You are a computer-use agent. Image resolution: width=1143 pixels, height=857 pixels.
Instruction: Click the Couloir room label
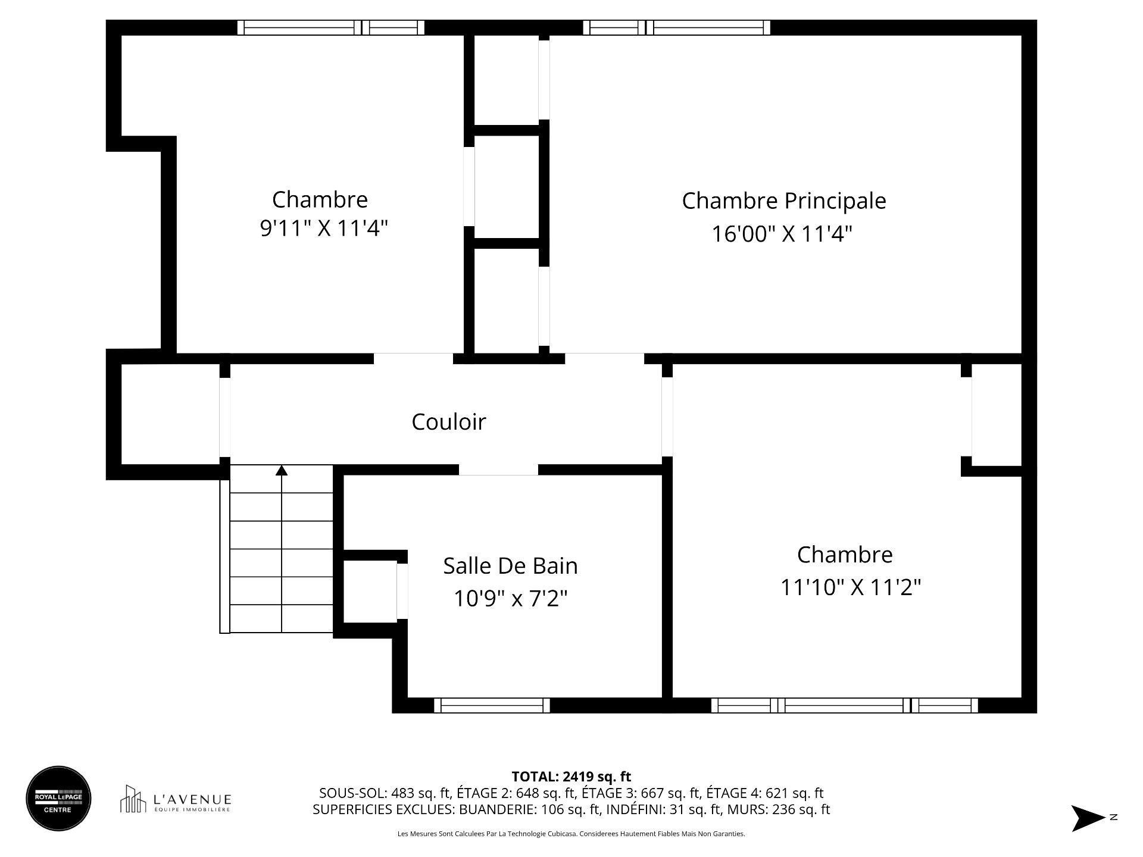(x=448, y=422)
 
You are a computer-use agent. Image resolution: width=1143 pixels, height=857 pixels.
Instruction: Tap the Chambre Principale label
(x=783, y=201)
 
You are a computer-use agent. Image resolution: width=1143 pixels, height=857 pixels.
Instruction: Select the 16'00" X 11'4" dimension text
(x=782, y=234)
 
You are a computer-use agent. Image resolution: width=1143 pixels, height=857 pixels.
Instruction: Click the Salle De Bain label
(x=510, y=565)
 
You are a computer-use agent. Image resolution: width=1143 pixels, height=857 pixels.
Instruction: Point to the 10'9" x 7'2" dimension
(x=510, y=598)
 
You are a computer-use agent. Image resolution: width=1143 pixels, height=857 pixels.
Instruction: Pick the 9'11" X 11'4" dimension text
(x=324, y=228)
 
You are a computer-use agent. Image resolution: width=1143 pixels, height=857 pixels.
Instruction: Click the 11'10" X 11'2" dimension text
(x=850, y=587)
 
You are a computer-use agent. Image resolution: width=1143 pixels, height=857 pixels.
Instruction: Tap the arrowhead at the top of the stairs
(x=282, y=471)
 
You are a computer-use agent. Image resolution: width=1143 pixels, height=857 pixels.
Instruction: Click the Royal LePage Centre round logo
(x=58, y=798)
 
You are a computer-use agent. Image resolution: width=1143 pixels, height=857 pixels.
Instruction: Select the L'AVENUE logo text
(x=192, y=799)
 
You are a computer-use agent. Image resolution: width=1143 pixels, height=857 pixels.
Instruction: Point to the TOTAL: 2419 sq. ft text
(x=571, y=776)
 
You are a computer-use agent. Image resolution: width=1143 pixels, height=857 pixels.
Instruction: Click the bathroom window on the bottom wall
(x=492, y=705)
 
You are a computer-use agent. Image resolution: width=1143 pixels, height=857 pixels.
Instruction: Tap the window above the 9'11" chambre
(x=331, y=27)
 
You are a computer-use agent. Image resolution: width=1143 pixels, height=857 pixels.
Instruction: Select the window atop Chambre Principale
(x=676, y=27)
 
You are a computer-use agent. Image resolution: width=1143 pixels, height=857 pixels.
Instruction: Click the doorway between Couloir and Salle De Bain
(x=498, y=470)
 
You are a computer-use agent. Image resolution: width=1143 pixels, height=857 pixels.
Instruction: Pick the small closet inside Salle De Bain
(x=370, y=591)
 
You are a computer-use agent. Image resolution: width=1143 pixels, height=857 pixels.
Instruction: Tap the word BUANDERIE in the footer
(x=497, y=809)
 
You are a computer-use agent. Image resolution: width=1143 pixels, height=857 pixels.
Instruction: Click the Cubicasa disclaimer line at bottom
(x=571, y=834)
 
